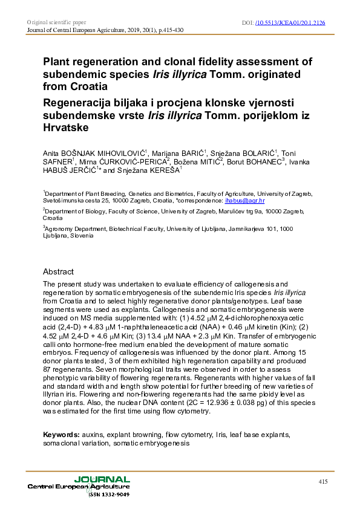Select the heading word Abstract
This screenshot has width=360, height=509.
[x=58, y=271]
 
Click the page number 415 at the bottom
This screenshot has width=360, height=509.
[x=322, y=481]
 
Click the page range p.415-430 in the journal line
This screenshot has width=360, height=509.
[x=154, y=30]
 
